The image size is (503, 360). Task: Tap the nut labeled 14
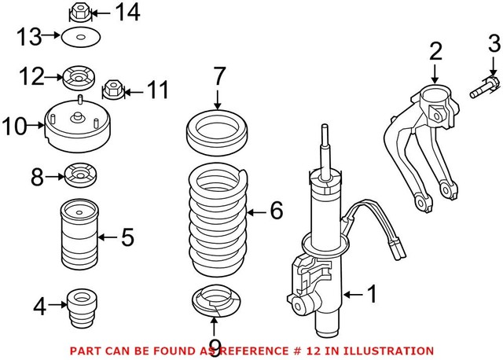[79, 13]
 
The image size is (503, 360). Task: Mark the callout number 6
[274, 211]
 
